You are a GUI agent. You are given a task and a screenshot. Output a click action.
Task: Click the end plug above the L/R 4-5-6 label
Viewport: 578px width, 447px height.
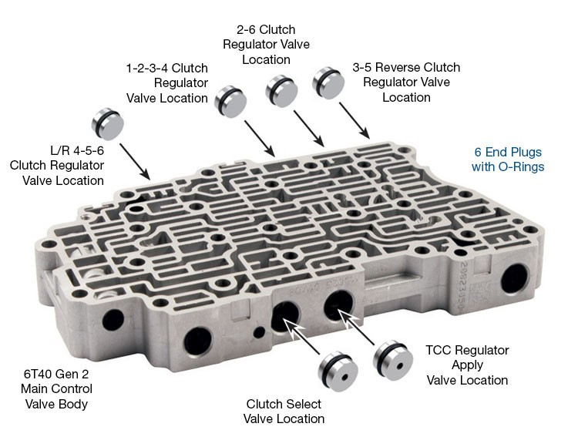(x=107, y=124)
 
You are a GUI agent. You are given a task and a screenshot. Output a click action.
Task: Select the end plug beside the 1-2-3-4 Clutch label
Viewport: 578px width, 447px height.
(x=230, y=102)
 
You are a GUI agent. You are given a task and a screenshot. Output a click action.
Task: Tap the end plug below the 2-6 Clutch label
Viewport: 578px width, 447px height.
(x=282, y=91)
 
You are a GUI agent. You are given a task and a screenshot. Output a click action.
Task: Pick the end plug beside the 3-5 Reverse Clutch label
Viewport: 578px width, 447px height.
(x=328, y=83)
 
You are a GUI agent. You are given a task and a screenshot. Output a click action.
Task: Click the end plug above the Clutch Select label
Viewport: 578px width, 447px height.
(x=338, y=371)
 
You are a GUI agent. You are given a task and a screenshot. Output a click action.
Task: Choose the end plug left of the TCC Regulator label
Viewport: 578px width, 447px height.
(x=392, y=360)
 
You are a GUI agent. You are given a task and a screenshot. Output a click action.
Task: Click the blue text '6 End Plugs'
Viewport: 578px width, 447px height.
(x=508, y=152)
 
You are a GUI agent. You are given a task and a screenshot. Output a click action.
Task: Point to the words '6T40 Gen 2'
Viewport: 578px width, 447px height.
(x=56, y=374)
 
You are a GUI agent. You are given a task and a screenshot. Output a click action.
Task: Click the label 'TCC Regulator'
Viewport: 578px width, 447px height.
(x=467, y=350)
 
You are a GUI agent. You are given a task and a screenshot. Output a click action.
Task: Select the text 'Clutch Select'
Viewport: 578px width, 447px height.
(x=284, y=404)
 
